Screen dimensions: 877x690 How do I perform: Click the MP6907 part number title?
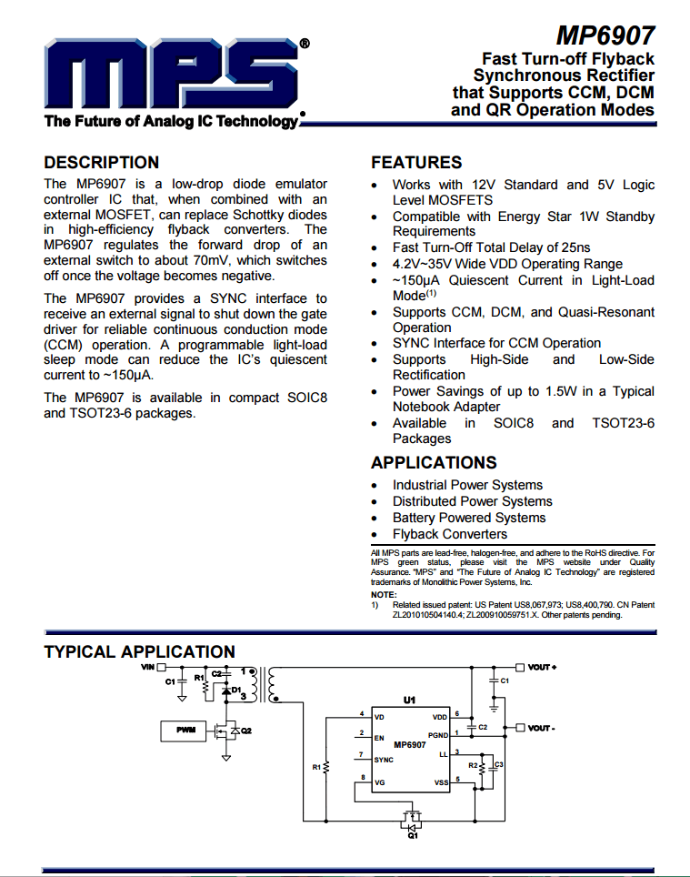click(x=605, y=35)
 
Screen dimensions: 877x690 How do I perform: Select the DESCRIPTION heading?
click(x=102, y=163)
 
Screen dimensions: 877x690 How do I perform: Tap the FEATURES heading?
click(x=416, y=163)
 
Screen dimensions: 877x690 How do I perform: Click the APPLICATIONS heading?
click(x=434, y=462)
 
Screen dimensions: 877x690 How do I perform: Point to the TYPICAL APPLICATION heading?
click(x=139, y=651)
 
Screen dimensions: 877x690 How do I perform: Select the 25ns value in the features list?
click(x=573, y=247)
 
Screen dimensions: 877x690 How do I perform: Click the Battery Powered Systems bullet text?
click(x=469, y=518)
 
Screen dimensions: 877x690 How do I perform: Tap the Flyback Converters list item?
click(x=450, y=534)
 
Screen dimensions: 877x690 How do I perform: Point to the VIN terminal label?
click(x=148, y=667)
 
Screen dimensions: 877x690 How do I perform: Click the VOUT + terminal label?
click(x=541, y=667)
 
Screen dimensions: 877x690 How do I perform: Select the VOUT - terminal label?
click(x=541, y=728)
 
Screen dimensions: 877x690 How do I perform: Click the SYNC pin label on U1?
click(x=384, y=759)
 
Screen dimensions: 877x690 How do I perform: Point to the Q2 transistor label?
click(x=245, y=731)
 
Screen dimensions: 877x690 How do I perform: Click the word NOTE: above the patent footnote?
click(x=383, y=594)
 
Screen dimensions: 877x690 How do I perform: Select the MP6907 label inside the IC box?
click(x=410, y=744)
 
